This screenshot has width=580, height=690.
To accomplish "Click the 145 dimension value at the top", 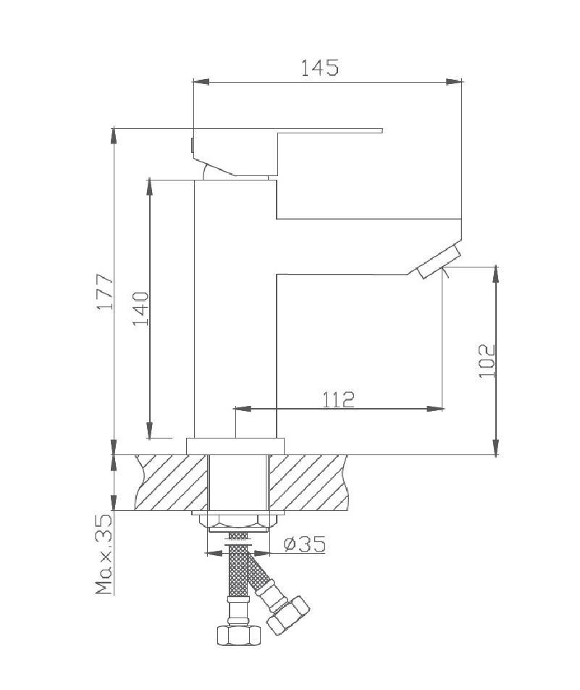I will pos(319,67).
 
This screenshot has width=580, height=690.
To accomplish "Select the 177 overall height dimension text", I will pos(106,292).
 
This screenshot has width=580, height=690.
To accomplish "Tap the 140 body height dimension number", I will pos(140,308).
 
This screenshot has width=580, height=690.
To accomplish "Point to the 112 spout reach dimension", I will pos(338,399).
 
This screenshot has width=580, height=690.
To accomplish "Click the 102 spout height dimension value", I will pos(487,360).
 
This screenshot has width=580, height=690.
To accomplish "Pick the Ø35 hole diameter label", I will pos(304,544).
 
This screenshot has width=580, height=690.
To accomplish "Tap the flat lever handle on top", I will pos(326,131).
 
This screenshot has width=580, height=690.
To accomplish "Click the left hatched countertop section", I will pos(171,482).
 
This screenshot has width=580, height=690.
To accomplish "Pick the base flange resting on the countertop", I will pos(235,445).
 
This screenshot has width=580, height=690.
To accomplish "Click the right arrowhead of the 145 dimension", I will pos(456,82).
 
